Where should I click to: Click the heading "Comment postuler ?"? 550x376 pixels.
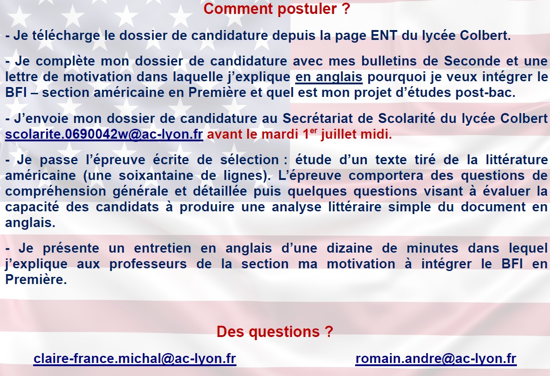pyautogui.click(x=277, y=9)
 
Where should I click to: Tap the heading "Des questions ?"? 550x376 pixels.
pyautogui.click(x=275, y=332)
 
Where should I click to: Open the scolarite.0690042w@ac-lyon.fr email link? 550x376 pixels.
pyautogui.click(x=104, y=135)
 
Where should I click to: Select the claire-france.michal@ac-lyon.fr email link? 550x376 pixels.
pyautogui.click(x=135, y=359)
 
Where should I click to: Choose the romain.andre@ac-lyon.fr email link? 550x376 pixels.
pyautogui.click(x=436, y=359)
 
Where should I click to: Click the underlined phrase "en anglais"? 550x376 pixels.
pyautogui.click(x=329, y=77)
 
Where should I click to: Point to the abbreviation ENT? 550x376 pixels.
pyautogui.click(x=384, y=35)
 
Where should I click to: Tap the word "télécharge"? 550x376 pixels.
pyautogui.click(x=66, y=36)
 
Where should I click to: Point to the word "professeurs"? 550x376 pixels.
pyautogui.click(x=148, y=264)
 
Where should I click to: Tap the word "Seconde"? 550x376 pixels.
pyautogui.click(x=472, y=61)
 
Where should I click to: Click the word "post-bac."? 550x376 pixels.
pyautogui.click(x=486, y=93)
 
